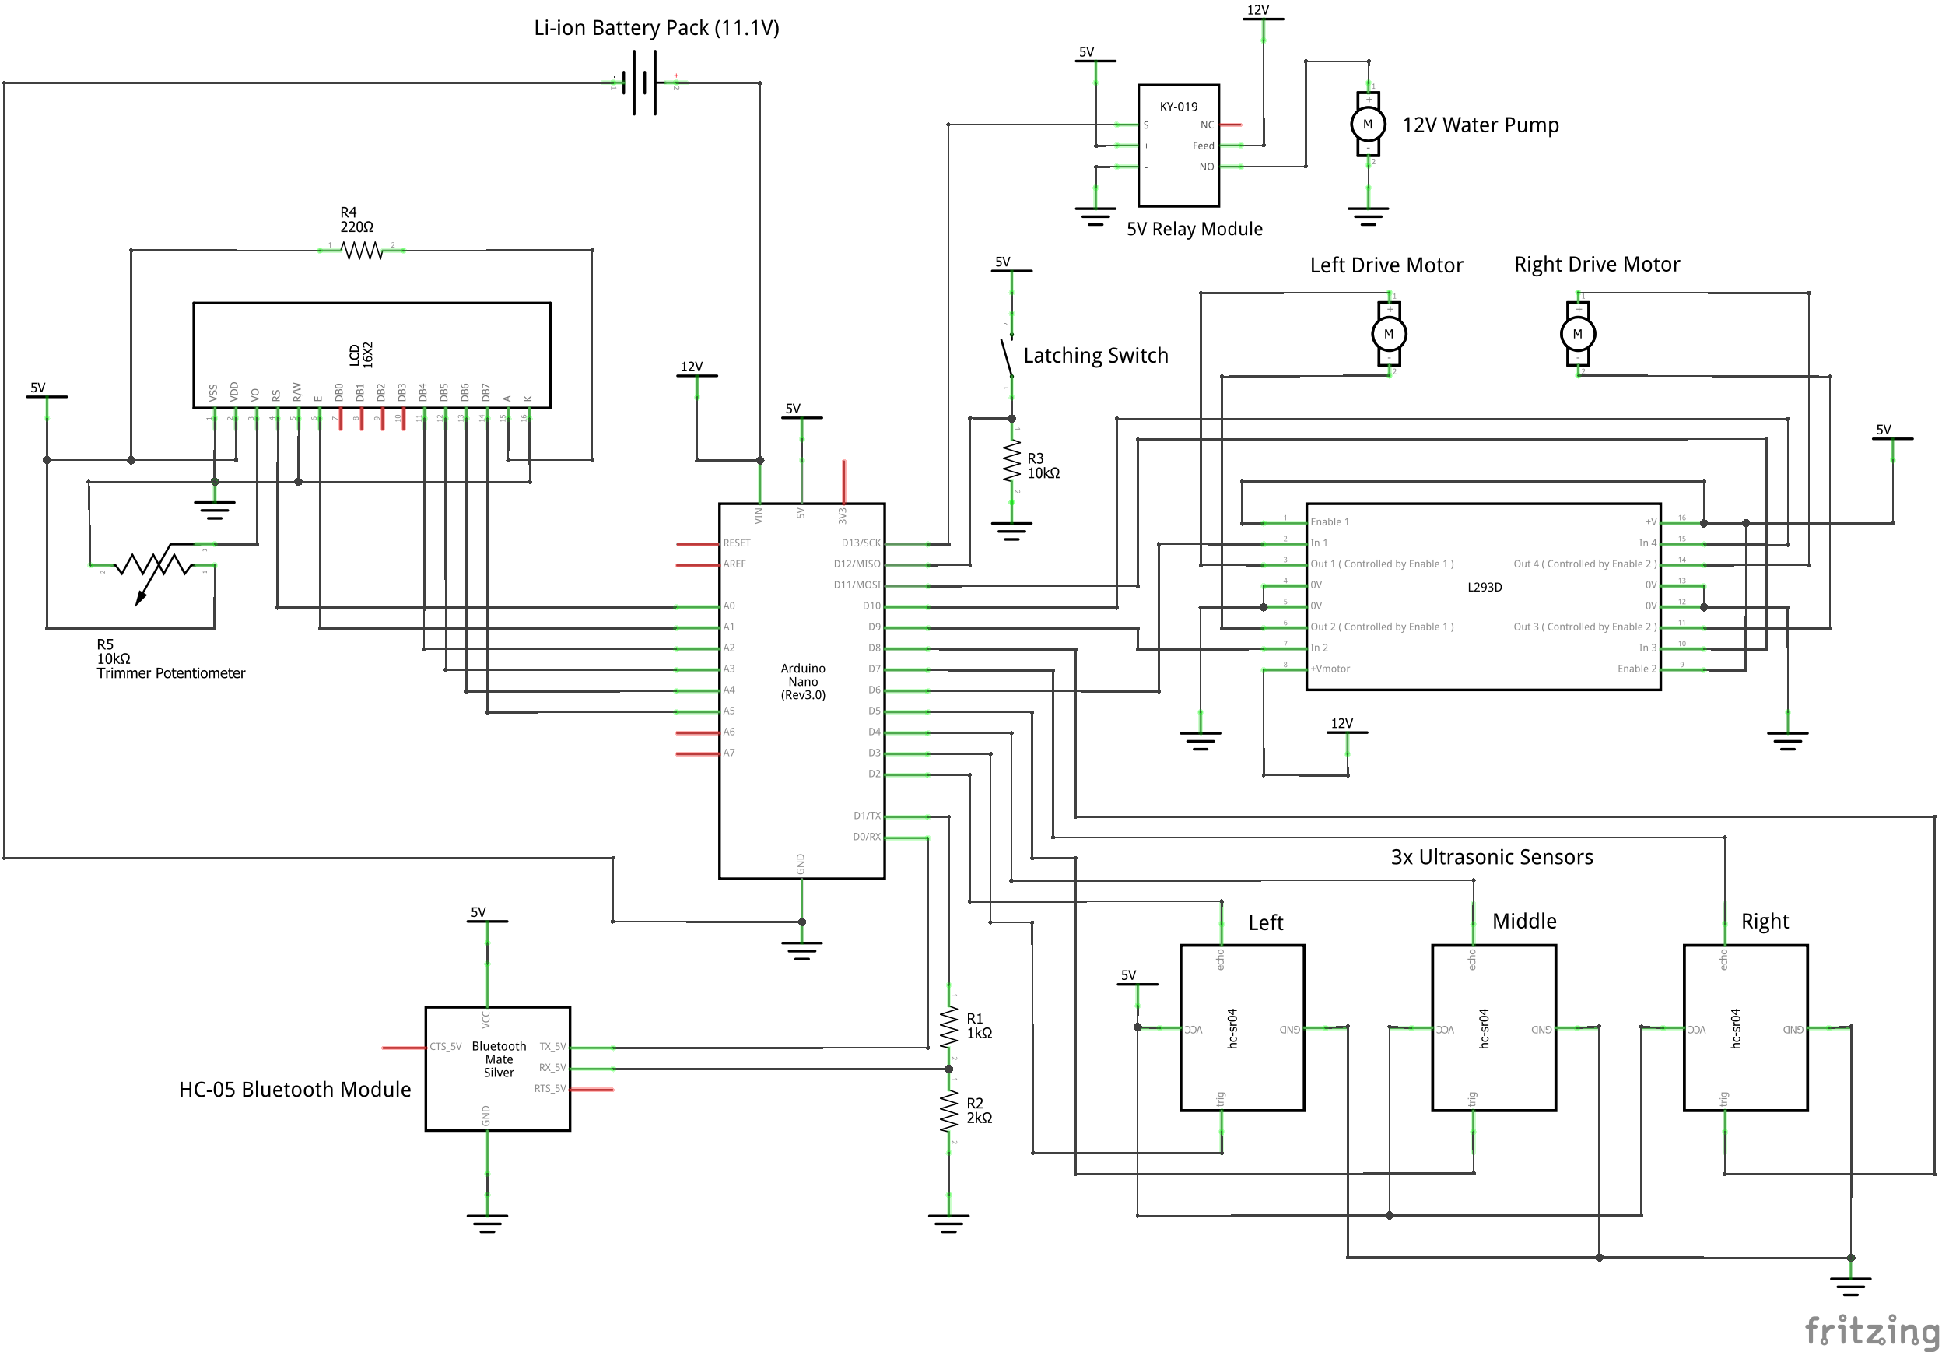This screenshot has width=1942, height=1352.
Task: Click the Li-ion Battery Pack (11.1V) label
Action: point(656,28)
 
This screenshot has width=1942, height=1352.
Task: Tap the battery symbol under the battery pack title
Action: point(643,82)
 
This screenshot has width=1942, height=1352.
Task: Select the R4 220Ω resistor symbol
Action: point(362,251)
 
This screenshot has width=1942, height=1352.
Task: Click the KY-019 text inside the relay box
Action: point(1178,107)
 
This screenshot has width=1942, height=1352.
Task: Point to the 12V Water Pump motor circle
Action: point(1368,125)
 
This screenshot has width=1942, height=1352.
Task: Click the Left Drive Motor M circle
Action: point(1389,333)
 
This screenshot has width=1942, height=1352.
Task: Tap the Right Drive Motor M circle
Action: point(1577,333)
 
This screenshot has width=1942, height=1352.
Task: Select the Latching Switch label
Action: point(1095,356)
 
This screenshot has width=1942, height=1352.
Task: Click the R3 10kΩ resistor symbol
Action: point(1011,463)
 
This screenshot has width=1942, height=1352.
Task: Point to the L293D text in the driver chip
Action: point(1485,586)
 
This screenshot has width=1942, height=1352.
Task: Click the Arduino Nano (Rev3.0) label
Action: point(803,681)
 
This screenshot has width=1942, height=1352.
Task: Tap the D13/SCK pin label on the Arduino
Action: point(861,543)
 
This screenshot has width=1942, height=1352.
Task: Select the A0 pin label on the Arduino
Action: point(729,606)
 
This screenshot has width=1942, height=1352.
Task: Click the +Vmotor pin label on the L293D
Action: point(1330,669)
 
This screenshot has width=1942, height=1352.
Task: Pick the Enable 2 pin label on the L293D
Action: point(1637,669)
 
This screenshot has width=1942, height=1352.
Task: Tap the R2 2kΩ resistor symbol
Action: point(949,1110)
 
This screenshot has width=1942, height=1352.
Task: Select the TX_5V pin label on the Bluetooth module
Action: point(552,1047)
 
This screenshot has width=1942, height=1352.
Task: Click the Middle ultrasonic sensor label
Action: point(1524,921)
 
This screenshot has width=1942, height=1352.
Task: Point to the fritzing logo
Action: point(1871,1330)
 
